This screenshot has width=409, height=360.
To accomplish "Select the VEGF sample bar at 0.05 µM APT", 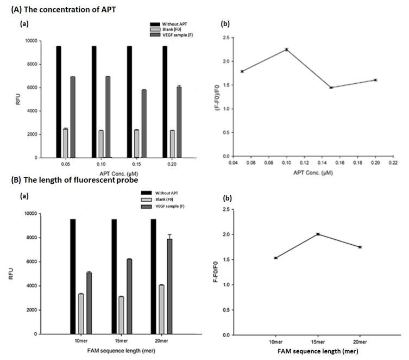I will [x=72, y=117].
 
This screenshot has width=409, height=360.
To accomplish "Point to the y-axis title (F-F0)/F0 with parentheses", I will [x=218, y=96].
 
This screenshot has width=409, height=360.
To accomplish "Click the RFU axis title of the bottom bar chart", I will [x=12, y=275].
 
